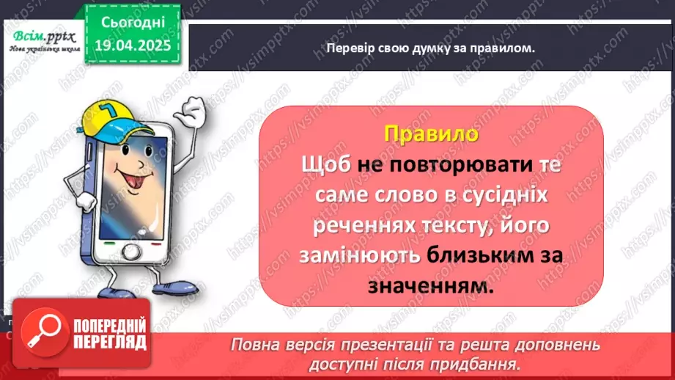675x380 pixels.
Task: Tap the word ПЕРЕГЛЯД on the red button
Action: [110, 341]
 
